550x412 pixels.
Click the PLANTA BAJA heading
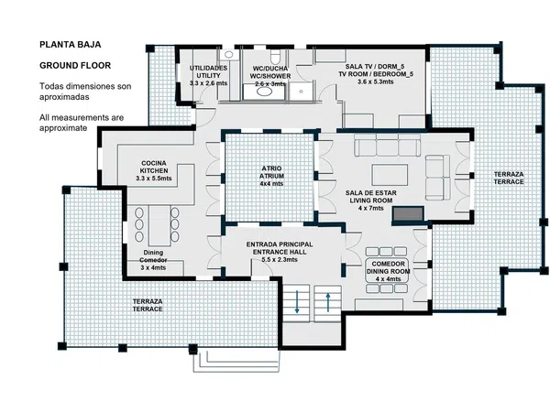[71, 45]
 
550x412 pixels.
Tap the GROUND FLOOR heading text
[75, 66]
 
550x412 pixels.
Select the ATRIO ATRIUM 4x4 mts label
[271, 176]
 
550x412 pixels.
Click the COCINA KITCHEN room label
[154, 170]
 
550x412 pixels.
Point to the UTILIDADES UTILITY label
[208, 76]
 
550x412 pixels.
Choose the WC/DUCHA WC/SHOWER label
[270, 76]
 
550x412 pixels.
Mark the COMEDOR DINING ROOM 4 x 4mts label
[389, 271]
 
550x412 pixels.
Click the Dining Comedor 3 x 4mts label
[153, 260]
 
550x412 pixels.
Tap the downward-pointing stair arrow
[297, 301]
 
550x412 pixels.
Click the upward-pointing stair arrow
[328, 302]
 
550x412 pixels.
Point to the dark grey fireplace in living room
[408, 213]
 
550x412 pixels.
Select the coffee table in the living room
[390, 175]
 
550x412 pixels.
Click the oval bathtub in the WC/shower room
[265, 92]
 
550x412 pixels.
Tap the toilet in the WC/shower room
[275, 56]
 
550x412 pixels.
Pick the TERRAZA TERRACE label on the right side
[509, 178]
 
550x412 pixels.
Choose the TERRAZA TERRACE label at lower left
[148, 305]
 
